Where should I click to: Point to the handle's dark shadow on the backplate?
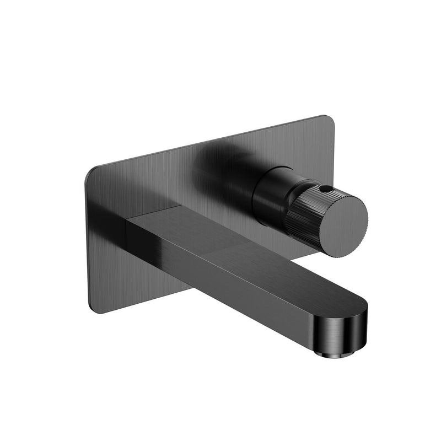click(x=220, y=160)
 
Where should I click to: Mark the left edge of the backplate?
click(x=87, y=243)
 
